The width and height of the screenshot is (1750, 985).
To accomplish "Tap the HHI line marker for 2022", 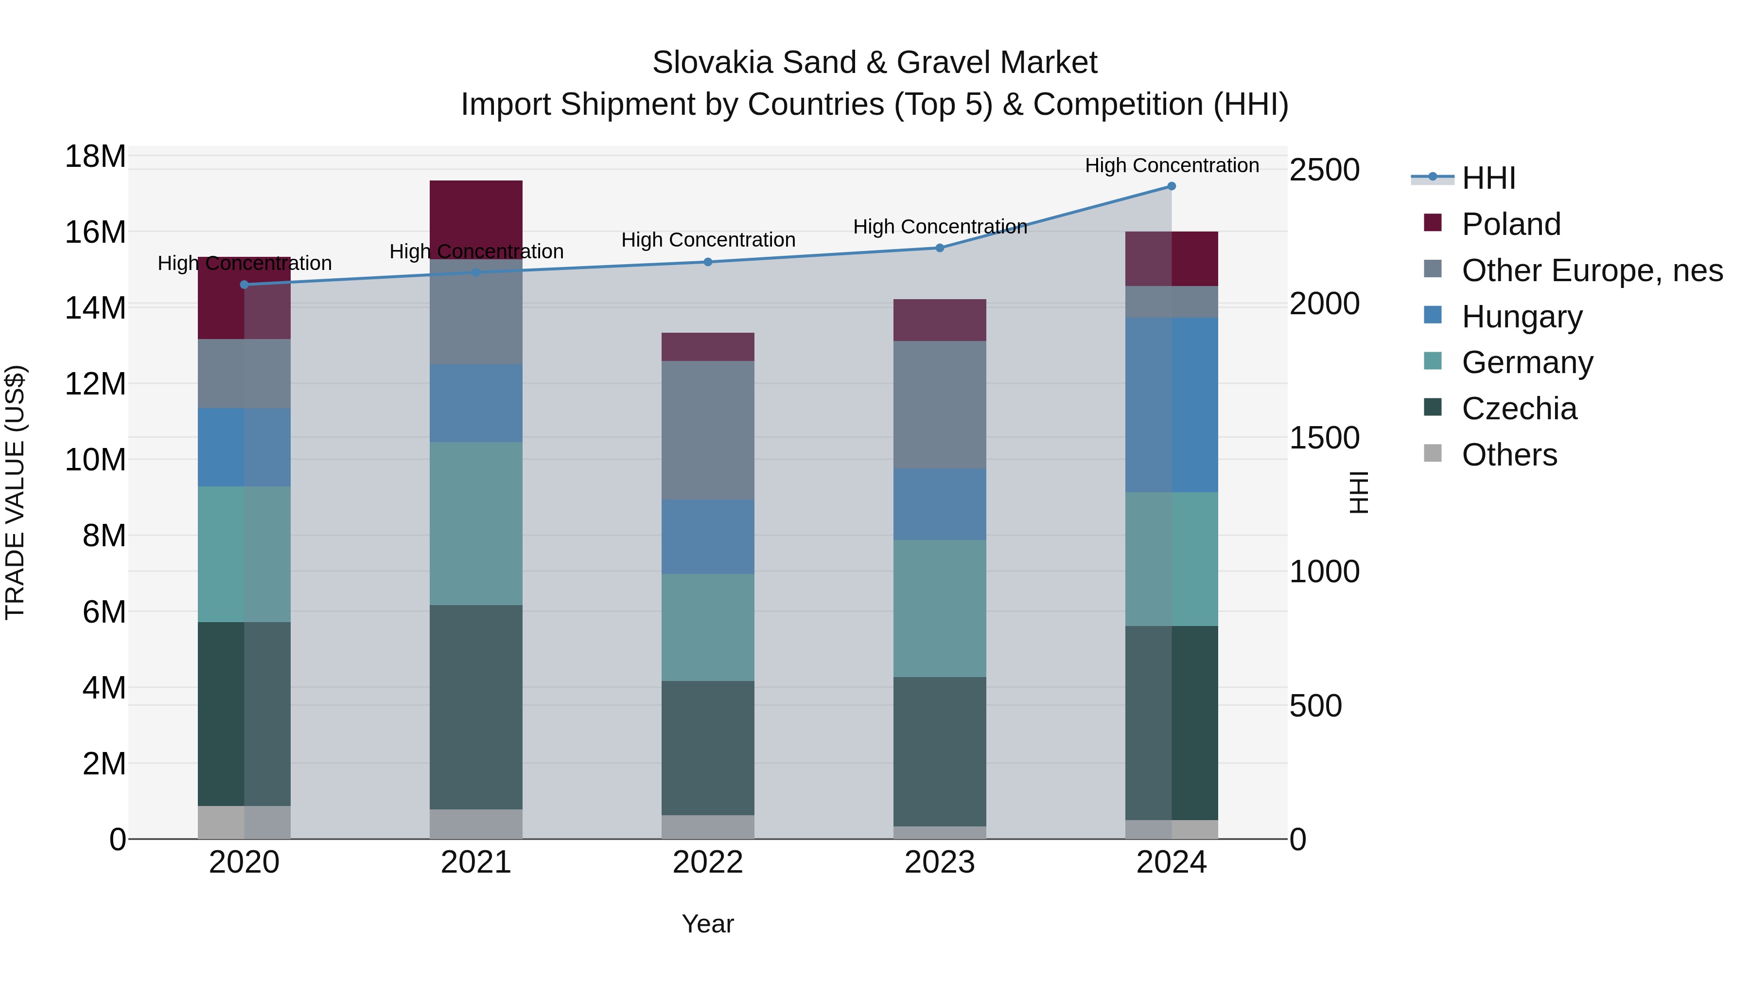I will tap(708, 262).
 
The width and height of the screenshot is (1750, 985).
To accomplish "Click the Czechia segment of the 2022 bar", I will tap(708, 748).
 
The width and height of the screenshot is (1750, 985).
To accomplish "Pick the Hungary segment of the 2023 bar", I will tap(940, 504).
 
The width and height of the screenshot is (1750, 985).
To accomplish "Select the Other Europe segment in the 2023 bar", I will tap(940, 405).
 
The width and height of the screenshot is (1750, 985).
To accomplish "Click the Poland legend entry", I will tap(1511, 224).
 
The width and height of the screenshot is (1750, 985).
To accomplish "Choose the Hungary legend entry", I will tap(1522, 317).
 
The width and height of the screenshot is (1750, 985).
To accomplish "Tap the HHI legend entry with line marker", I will tap(1488, 178).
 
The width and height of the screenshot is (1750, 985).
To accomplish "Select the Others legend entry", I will tap(1509, 455).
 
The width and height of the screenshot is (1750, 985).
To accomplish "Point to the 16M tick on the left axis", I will tap(95, 233).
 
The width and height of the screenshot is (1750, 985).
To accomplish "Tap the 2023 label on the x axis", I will tap(940, 862).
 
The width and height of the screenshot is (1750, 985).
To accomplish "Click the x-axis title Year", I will tap(708, 924).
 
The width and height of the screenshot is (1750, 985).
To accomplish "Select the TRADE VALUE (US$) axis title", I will tap(15, 492).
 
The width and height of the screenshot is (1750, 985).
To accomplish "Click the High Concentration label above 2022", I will tap(708, 240).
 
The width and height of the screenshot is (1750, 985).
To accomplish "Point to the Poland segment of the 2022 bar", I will tap(708, 347).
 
